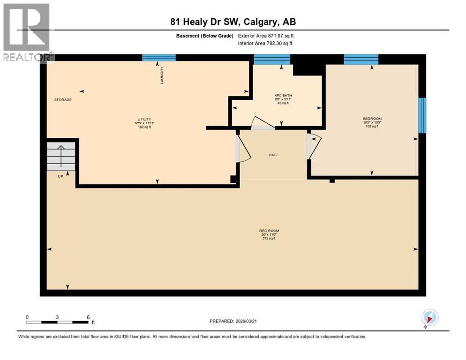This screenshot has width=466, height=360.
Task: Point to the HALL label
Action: point(273,155)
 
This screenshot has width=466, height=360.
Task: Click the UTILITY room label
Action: point(144,119)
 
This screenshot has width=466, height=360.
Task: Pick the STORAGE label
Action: point(63,99)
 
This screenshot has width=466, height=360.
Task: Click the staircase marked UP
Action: point(60,157)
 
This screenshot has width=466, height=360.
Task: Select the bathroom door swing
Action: point(262,123)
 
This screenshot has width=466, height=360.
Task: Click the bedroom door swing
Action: point(313,145)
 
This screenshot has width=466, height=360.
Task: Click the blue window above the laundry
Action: point(159,58)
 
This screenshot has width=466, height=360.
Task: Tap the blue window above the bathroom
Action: point(272,59)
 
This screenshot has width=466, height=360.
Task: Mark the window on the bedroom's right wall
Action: point(422,115)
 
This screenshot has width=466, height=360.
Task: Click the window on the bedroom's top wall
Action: point(361,59)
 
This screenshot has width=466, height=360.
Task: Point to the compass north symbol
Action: point(430,318)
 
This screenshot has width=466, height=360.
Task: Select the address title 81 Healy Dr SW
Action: point(233,22)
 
